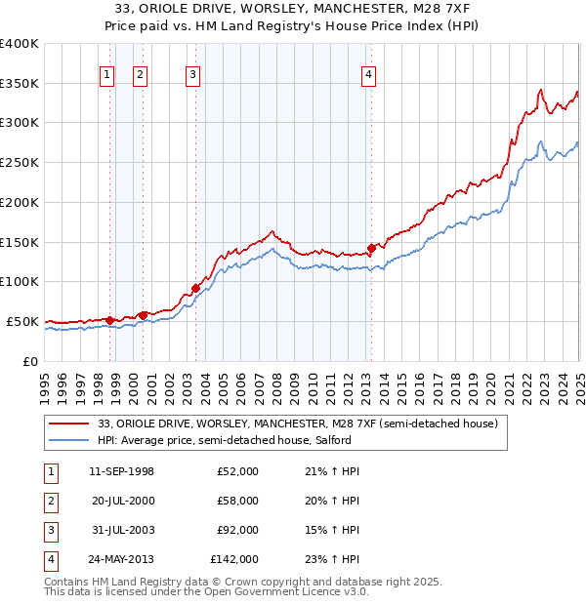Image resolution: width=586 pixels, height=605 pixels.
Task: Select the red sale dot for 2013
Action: pos(371,248)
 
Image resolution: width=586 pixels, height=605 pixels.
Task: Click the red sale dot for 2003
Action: pos(195,287)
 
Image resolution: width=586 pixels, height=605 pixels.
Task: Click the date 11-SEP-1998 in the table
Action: pos(121,472)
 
